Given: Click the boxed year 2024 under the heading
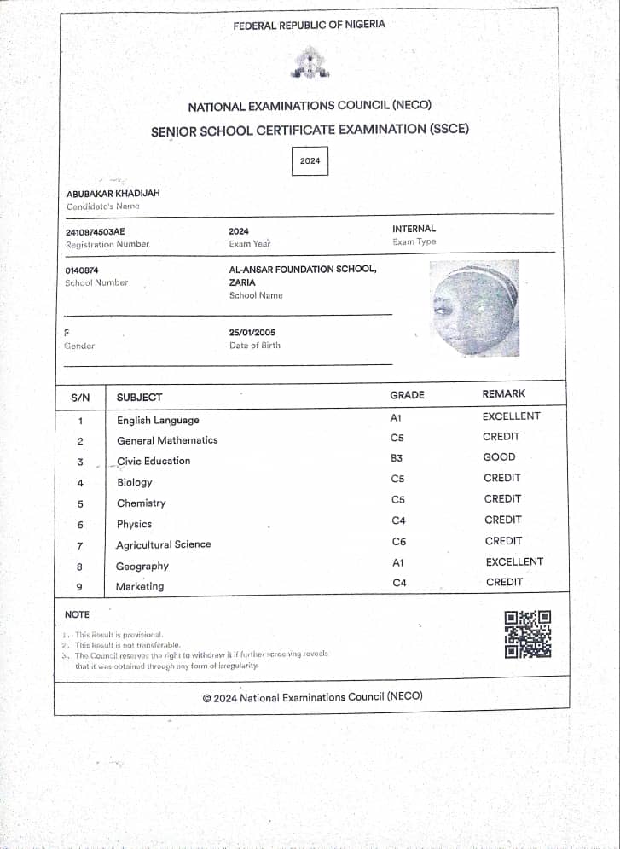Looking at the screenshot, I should pos(310,160).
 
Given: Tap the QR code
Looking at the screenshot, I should pos(528,634).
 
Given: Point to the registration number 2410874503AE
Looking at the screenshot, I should pos(95,231).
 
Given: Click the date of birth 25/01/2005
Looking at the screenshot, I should pos(252,332).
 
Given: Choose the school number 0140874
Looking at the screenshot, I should pos(82,270).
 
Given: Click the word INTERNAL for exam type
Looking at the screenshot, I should pos(414,229).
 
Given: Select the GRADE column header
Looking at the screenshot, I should pos(407,395).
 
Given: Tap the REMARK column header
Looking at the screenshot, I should pos(504,393).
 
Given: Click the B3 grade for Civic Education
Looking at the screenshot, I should pos(397,458).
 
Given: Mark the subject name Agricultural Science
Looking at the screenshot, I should pos(164,544).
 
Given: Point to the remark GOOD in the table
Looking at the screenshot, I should pos(499,457).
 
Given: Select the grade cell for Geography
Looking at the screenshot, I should pos(397,563).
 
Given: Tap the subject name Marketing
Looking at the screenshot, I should pos(140,586).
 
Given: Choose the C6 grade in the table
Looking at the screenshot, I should pos(398,542).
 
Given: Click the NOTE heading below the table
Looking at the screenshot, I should pos(77,614).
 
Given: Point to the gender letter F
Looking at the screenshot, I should pos(67,332).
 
